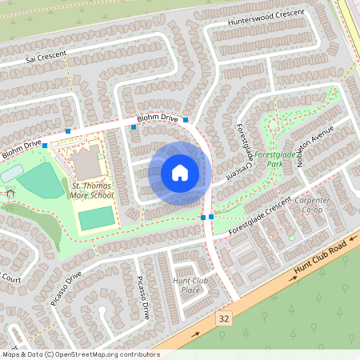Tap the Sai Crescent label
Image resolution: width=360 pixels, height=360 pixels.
coord(45,58)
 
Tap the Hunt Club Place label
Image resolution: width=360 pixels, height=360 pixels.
coord(190,285)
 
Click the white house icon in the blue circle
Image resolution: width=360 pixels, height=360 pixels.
coord(180,172)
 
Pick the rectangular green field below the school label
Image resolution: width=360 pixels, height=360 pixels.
coord(96,218)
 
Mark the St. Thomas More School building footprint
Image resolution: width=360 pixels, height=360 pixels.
coord(86,163)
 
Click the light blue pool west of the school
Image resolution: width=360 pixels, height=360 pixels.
coord(12,173)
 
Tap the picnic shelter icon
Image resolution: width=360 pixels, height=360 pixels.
coord(10,193)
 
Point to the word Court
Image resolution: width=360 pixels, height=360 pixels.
coord(10,278)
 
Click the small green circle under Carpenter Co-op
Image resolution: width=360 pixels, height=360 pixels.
coord(292,238)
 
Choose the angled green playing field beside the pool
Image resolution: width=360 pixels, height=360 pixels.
coord(40,182)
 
